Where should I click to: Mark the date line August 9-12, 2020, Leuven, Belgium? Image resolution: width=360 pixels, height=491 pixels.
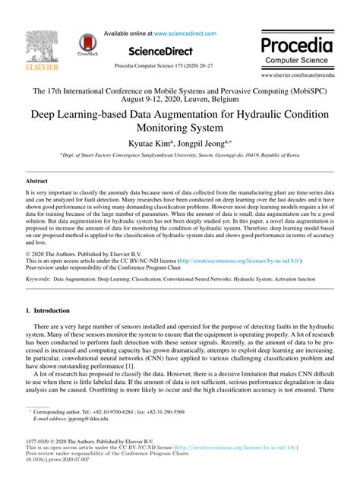click(179, 100)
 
